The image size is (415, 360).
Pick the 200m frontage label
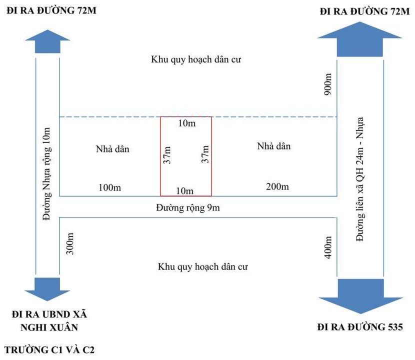coord(276,187)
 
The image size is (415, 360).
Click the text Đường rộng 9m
coord(187,207)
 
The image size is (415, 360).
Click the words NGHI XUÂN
coord(49,327)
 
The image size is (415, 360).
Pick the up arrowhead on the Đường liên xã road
coord(359,40)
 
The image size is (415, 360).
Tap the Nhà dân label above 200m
coord(274,146)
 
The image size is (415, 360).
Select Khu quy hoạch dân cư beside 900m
coord(200,59)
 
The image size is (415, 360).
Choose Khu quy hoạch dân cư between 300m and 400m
coord(202,266)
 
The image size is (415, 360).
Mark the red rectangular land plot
coord(186,156)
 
